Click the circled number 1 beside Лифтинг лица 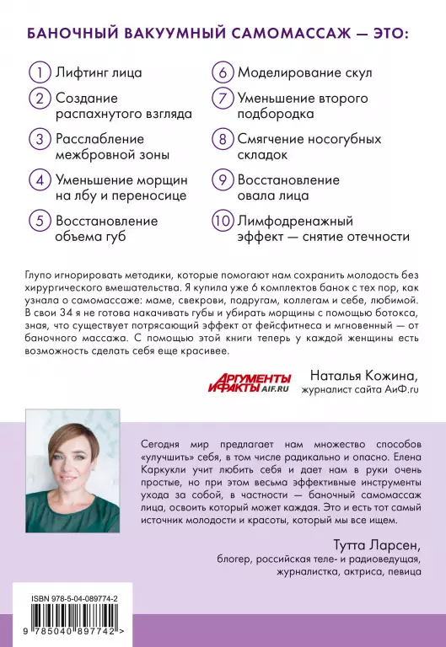[x=39, y=72]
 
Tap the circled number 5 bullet [x=39, y=222]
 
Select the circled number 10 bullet [x=222, y=222]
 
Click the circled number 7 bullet [x=222, y=99]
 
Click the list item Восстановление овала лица [x=288, y=188]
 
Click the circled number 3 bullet [x=39, y=139]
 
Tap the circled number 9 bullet [x=222, y=180]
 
